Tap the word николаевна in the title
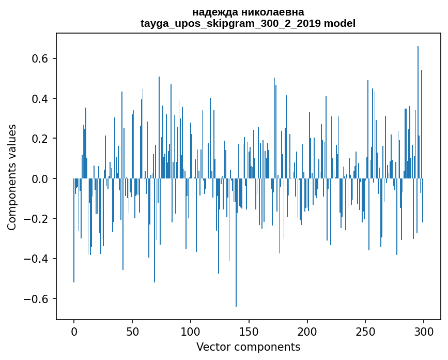click(272, 12)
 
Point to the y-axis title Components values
click(12, 177)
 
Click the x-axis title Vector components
click(248, 347)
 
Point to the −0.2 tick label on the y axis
click(37, 219)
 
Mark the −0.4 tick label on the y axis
click(37, 259)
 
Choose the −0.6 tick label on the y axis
click(37, 299)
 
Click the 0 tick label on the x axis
click(74, 331)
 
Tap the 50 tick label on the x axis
click(132, 331)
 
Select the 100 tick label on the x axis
click(191, 331)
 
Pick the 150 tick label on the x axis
click(249, 331)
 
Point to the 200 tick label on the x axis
click(307, 331)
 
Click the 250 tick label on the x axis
click(366, 331)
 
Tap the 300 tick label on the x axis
click(424, 331)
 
